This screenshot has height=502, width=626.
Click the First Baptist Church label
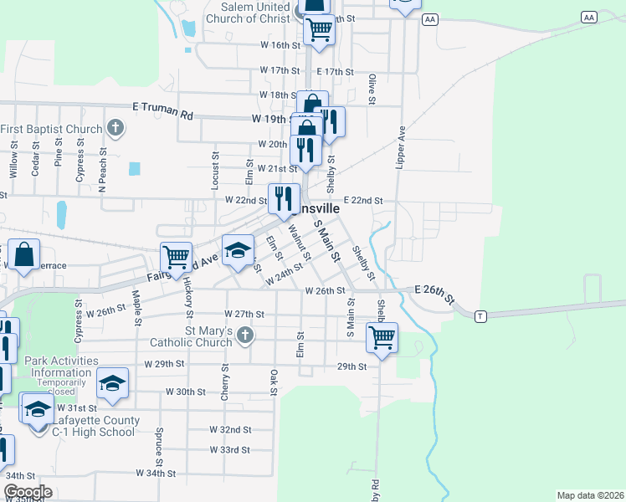(52, 129)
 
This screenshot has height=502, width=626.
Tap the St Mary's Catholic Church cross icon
(245, 336)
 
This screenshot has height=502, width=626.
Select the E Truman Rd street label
(163, 108)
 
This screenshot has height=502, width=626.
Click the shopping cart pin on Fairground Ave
(176, 257)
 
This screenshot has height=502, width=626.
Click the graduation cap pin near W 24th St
(238, 249)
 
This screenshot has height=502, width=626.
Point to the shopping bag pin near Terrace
(24, 254)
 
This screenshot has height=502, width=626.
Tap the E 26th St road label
(437, 295)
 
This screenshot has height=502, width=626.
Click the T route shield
(480, 316)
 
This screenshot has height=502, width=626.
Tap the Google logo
(27, 492)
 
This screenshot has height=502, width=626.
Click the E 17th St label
(337, 72)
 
